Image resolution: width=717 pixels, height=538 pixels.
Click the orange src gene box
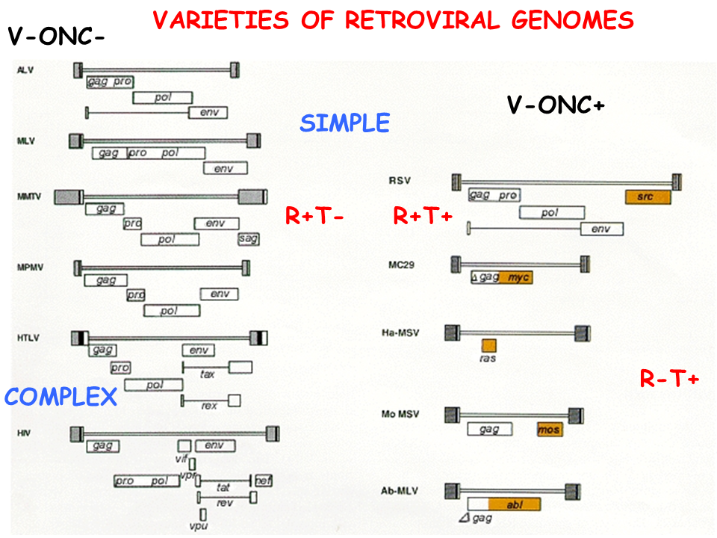pyautogui.click(x=648, y=197)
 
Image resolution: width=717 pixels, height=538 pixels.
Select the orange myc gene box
pyautogui.click(x=516, y=277)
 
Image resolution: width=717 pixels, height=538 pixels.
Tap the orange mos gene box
pyautogui.click(x=550, y=430)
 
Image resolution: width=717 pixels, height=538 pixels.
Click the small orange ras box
pyautogui.click(x=488, y=345)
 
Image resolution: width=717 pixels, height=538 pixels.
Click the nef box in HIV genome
pyautogui.click(x=264, y=480)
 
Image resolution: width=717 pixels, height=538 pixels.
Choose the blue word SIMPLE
pyautogui.click(x=344, y=123)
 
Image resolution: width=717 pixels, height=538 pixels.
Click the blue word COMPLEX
pyautogui.click(x=61, y=397)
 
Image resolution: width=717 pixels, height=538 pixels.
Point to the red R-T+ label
pyautogui.click(x=669, y=380)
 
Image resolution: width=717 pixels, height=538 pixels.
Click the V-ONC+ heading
pyautogui.click(x=555, y=105)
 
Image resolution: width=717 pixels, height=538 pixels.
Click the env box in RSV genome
pyautogui.click(x=601, y=229)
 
